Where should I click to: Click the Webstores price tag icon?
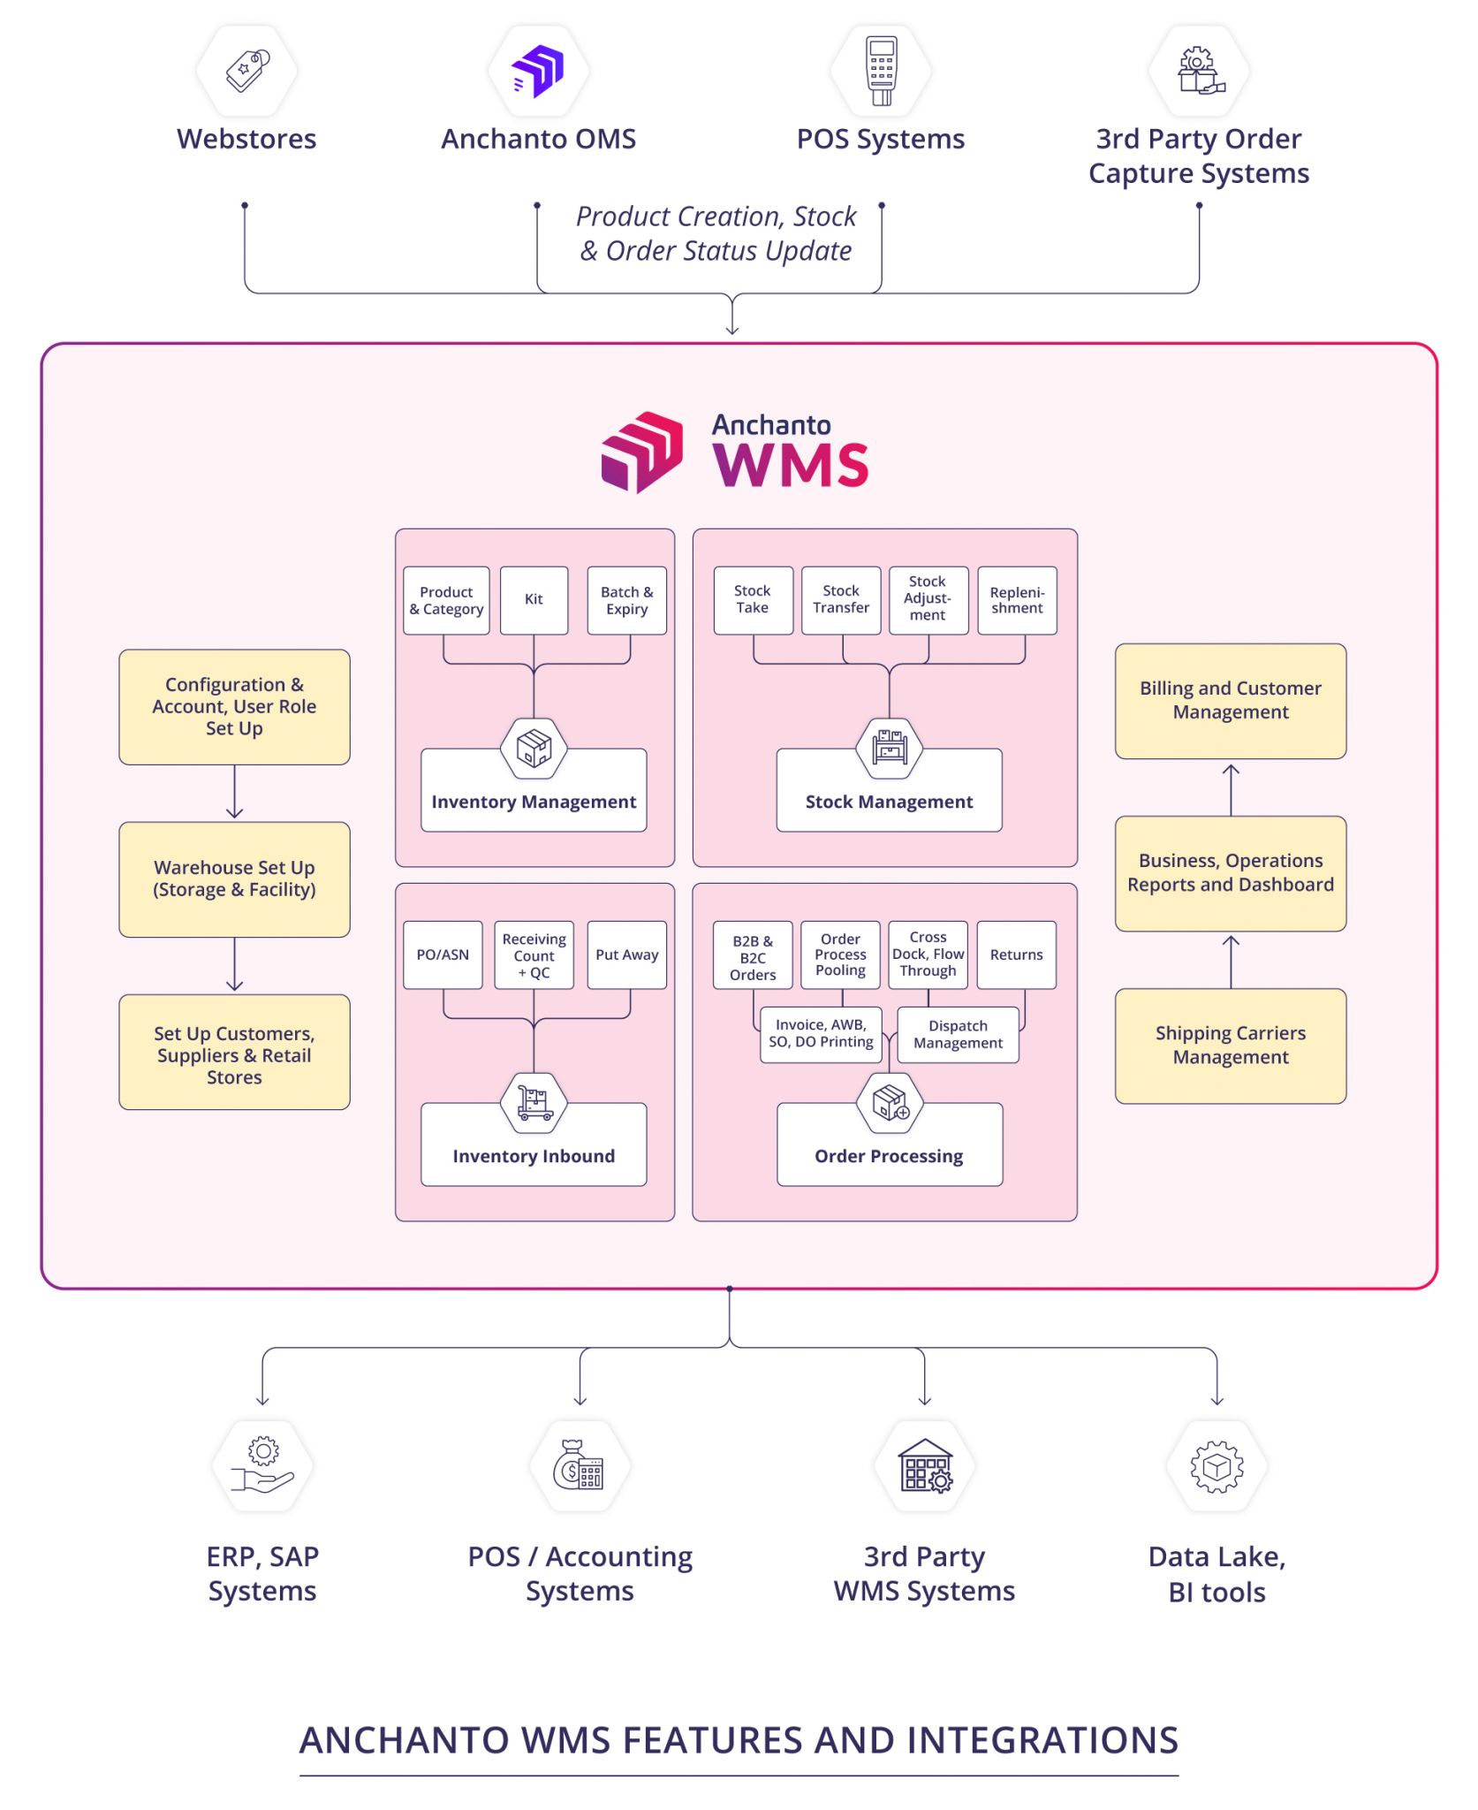coord(246,71)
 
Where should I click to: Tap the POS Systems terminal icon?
coord(881,71)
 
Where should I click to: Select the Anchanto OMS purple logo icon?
coord(538,71)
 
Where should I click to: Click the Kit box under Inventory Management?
coord(534,600)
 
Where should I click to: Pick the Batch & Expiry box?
coord(626,600)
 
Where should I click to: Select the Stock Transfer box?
coord(840,600)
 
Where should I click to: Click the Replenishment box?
coord(1017,600)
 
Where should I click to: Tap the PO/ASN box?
coord(443,954)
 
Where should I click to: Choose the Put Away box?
coord(626,954)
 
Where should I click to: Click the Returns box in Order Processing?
coord(1016,954)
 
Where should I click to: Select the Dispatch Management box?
coord(958,1034)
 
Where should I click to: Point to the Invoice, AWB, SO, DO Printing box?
coord(821,1034)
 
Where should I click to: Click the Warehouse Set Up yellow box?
coord(234,878)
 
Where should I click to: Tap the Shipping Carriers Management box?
coord(1230,1045)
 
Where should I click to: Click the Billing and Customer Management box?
coord(1230,700)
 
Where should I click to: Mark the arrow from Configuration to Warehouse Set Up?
coord(234,793)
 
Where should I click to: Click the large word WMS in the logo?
coord(790,464)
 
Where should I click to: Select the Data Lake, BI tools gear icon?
coord(1217,1466)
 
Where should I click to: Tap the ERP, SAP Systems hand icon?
coord(262,1466)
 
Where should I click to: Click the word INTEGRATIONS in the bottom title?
coord(1042,1739)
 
